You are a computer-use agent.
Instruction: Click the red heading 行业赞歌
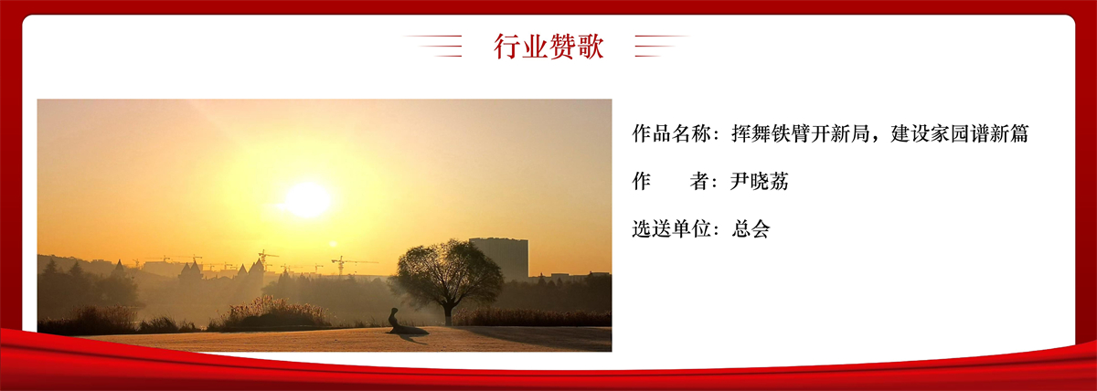coord(548,47)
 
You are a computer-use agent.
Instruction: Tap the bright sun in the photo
coord(307,199)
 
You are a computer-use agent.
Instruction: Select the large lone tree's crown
coord(447,270)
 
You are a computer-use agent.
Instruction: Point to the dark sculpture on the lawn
coord(404,323)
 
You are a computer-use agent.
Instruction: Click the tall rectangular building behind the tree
coord(499,259)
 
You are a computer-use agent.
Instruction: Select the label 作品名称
coord(671,133)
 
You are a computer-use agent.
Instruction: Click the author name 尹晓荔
coord(759,181)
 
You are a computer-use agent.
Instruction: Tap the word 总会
coord(751,228)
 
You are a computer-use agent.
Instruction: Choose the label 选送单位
coord(671,228)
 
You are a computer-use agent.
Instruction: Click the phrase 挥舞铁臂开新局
coord(800,133)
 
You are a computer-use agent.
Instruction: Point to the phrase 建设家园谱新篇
coord(959,133)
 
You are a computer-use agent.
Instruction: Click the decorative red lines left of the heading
coord(433,46)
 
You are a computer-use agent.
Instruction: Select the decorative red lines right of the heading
coord(662,46)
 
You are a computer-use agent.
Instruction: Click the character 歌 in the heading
coord(591,47)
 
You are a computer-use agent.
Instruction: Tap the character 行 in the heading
coord(506,47)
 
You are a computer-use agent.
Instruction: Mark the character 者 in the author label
coord(700,181)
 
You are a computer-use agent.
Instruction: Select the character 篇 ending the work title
coord(1019,133)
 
